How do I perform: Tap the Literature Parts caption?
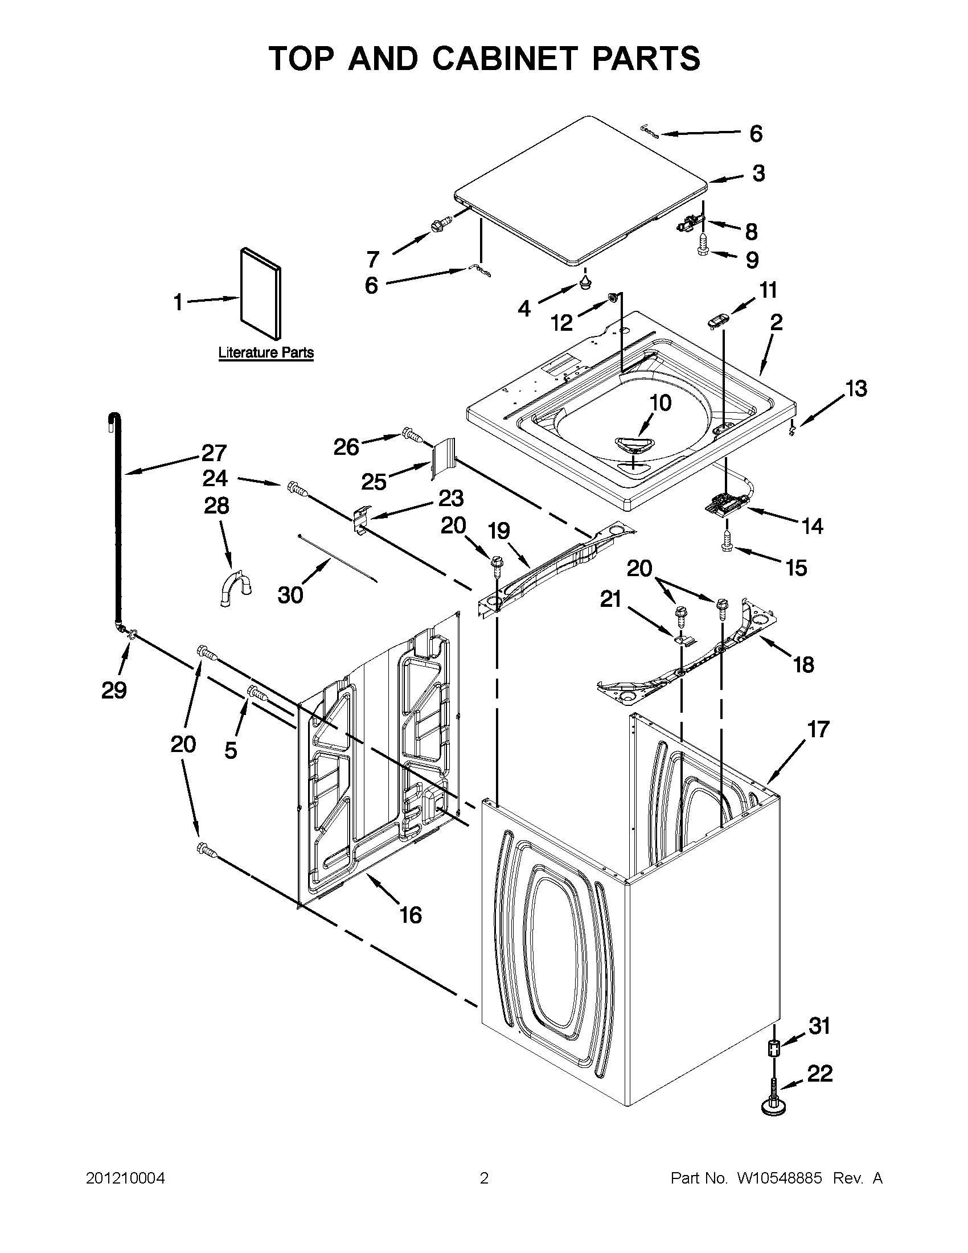coord(266,352)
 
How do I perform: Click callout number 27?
coord(214,453)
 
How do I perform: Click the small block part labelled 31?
coord(773,1050)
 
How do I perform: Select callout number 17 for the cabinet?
coord(818,729)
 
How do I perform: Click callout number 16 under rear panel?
coord(411,914)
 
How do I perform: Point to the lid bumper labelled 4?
coord(585,281)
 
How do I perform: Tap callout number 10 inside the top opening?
coord(661,403)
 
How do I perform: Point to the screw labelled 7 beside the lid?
coord(441,224)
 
